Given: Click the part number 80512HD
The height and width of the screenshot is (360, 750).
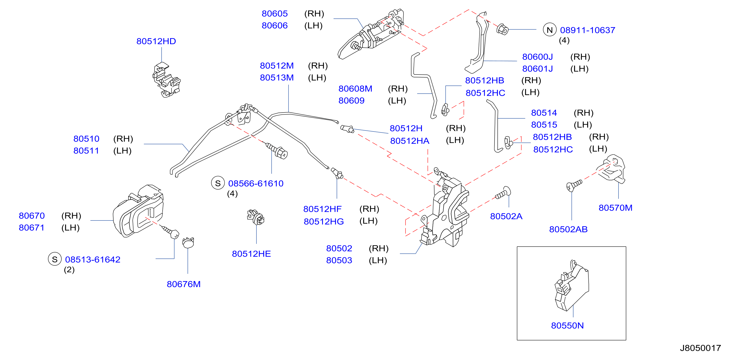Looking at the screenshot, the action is (156, 41).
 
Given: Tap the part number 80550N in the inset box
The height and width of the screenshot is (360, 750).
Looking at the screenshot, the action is (567, 325).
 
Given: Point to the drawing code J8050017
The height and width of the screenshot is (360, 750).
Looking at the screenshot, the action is (700, 348).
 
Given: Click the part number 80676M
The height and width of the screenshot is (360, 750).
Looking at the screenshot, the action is (183, 284).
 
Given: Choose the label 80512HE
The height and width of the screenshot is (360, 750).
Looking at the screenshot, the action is (251, 254).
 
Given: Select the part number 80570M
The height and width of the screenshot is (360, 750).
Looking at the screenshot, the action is (615, 208).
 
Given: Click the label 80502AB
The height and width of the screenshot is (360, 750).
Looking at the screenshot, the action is (568, 229).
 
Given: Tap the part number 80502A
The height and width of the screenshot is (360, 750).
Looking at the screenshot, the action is (506, 216).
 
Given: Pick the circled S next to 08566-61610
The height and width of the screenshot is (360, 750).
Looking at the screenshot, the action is (218, 183).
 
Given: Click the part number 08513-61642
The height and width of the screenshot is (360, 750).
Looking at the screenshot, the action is (93, 259).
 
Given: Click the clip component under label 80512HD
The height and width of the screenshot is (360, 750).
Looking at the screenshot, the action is (166, 80).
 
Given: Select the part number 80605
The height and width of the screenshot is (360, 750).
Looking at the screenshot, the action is (275, 14).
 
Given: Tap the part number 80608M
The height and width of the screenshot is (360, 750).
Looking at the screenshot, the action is (355, 89).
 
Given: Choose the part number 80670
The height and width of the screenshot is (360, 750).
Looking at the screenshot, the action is (32, 216).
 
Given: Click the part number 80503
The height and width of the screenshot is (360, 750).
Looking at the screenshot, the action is (339, 260).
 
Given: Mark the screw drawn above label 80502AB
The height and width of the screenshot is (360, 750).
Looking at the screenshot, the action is (574, 185).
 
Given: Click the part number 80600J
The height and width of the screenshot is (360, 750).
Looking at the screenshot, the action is (537, 57).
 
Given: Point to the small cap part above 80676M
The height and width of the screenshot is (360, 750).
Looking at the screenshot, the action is (188, 243).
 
